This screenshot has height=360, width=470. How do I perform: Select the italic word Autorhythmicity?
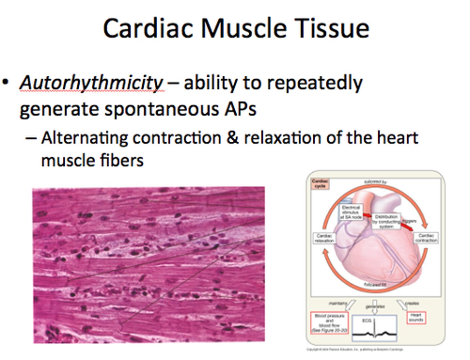tap(91, 83)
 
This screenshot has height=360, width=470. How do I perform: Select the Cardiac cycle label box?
tap(320, 184)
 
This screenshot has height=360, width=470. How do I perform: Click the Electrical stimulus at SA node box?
tap(351, 212)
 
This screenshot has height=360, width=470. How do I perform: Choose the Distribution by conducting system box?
tap(386, 221)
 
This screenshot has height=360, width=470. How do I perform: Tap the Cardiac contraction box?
tap(426, 238)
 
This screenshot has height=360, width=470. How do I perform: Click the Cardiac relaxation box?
tap(324, 238)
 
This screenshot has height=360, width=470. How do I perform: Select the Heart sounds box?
tap(416, 318)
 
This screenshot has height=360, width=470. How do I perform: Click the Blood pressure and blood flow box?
tap(329, 323)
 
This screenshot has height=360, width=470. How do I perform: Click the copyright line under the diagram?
tap(355, 350)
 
